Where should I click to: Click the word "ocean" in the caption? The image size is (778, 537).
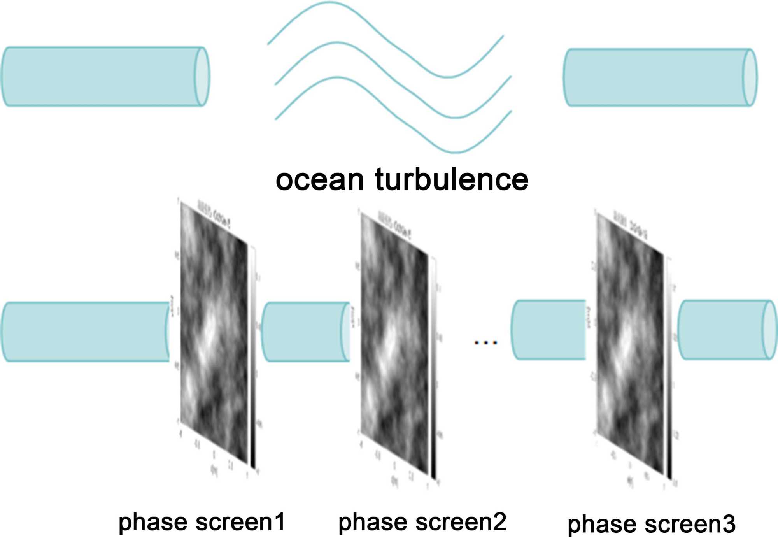pos(319,180)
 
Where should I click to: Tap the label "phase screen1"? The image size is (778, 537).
pos(202,522)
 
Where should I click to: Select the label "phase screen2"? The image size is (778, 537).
pos(422,522)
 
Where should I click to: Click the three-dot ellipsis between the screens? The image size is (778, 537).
pos(485,343)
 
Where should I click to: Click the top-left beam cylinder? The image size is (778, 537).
pos(101,77)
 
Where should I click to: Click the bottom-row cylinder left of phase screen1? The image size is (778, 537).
pos(86,332)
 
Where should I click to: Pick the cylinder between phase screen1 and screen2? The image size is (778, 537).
pos(305,332)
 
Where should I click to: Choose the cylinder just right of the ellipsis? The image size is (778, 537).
pos(548,330)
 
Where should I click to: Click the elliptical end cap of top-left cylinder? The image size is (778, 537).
pos(202,77)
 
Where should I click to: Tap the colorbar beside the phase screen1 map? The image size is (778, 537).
pos(253,358)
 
